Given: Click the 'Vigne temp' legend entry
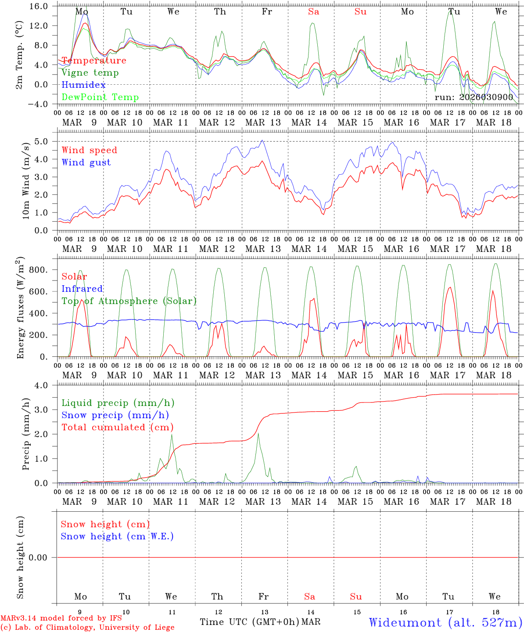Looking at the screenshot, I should click(90, 73).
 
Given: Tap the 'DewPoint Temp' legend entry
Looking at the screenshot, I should click(100, 97).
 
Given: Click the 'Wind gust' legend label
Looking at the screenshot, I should click(86, 162).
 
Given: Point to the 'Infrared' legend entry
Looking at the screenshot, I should click(82, 289).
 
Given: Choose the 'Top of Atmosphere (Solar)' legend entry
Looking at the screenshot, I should click(129, 301).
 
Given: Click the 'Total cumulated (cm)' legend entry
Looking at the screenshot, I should click(117, 427).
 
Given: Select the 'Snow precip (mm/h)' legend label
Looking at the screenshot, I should click(115, 415).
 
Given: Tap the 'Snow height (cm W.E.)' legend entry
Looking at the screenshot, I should click(117, 536).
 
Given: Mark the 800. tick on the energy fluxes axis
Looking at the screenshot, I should click(42, 270).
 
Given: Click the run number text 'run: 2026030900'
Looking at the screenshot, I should click(474, 97).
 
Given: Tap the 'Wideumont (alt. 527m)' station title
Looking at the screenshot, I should click(445, 622).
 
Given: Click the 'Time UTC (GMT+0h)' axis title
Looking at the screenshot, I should click(250, 622).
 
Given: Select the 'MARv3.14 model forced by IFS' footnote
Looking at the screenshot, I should click(61, 618).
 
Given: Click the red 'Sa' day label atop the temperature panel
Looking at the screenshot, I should click(313, 12).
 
